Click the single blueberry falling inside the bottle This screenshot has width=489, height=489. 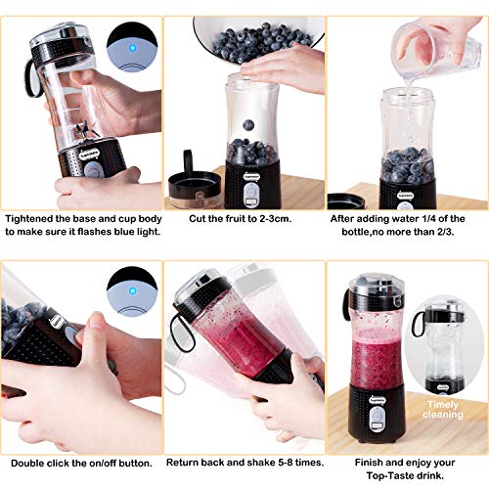[x=248, y=125]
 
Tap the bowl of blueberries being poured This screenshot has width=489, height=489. [x=259, y=37]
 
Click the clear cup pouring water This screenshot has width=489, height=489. [x=437, y=49]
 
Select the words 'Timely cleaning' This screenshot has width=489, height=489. [x=443, y=410]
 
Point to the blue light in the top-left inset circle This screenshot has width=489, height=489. [x=132, y=48]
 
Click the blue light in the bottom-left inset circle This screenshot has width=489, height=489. [x=132, y=290]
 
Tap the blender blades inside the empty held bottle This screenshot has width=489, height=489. [x=86, y=130]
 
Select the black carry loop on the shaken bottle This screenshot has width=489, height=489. [x=181, y=332]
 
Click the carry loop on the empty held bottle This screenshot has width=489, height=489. [x=32, y=78]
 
